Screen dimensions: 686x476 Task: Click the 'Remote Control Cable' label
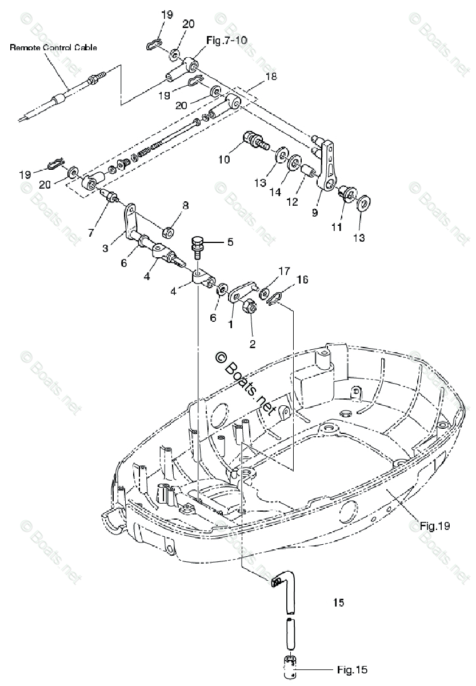pyautogui.click(x=53, y=48)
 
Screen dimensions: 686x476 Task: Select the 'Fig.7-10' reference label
pyautogui.click(x=223, y=41)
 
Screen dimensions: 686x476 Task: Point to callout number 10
pyautogui.click(x=224, y=159)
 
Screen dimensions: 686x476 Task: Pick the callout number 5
pyautogui.click(x=230, y=242)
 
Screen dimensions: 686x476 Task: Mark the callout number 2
pyautogui.click(x=252, y=344)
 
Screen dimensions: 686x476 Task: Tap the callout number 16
pyautogui.click(x=302, y=279)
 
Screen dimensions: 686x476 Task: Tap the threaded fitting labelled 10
pyautogui.click(x=254, y=139)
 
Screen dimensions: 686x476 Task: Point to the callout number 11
pyautogui.click(x=337, y=227)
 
